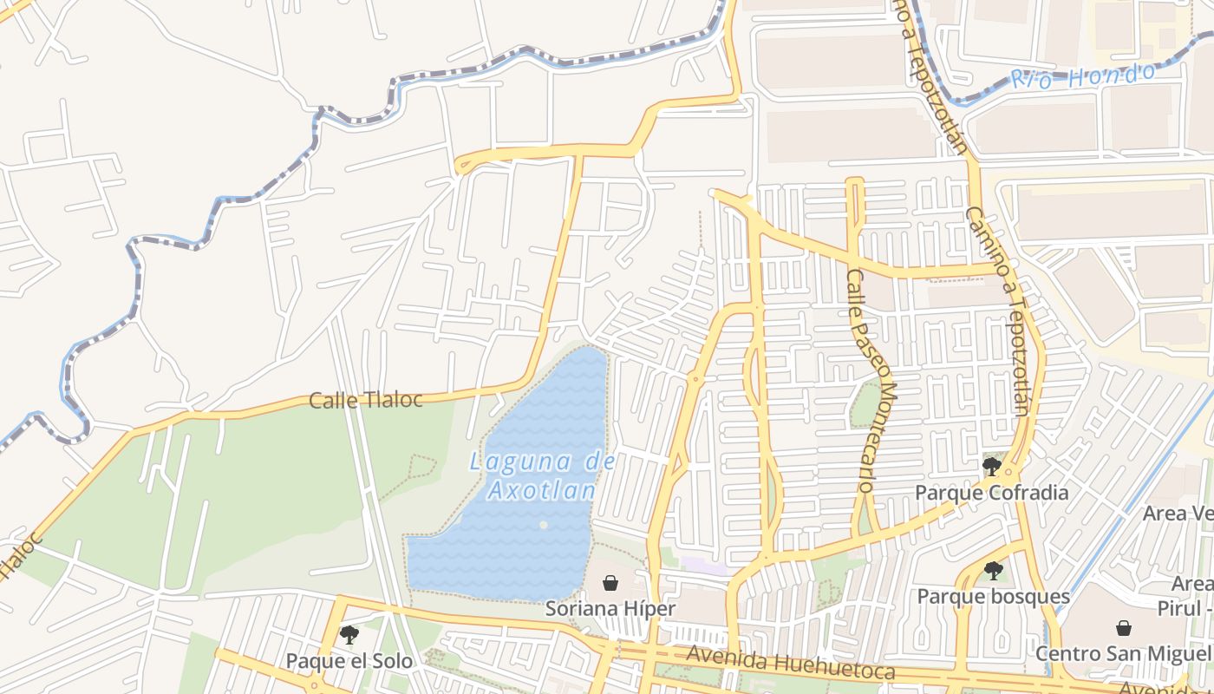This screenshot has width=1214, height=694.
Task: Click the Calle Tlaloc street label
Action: coord(365,400)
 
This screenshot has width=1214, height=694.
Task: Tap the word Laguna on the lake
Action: coord(506,462)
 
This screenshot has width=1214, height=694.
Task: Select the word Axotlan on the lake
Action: coord(541,491)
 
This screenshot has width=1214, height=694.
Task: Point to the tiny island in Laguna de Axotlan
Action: coord(543,525)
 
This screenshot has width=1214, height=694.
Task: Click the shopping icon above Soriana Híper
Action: coord(610,583)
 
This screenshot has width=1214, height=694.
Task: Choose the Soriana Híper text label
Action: coord(610,609)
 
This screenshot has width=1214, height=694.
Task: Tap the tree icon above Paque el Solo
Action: coord(349,635)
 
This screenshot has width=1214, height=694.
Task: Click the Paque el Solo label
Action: coord(349,661)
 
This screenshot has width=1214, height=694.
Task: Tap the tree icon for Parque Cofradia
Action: coord(992,467)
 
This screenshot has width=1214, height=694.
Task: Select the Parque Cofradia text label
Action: coord(992,493)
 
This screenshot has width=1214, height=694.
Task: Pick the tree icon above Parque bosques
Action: coord(994,571)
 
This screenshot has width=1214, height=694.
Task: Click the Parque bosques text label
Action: coord(994,597)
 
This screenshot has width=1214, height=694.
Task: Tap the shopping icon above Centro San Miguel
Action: coord(1124,627)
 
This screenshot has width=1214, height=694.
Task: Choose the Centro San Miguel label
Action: coord(1124,653)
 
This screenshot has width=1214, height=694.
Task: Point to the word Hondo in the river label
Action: coord(1111,74)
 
